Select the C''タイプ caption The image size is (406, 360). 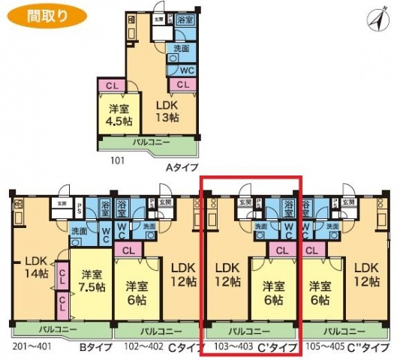click(368, 346)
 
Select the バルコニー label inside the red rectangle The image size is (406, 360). click(251, 330)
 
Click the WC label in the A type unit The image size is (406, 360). click(188, 70)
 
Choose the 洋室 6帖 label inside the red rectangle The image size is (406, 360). click(275, 291)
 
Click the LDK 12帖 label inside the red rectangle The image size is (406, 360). click(227, 274)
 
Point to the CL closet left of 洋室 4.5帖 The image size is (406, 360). click(111, 85)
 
